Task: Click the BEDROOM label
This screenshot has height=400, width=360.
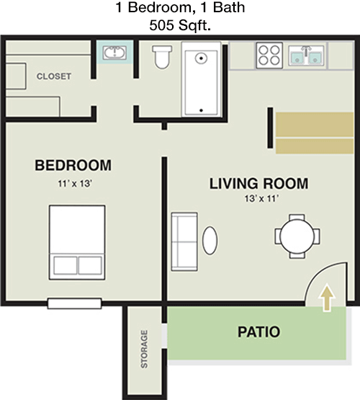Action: pos(73,166)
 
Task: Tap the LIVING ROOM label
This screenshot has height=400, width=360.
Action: pos(258,184)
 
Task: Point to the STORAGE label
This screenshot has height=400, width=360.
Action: pos(145,349)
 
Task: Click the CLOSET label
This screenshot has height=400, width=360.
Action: pos(54,76)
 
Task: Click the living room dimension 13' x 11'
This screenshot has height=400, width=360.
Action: pos(258,199)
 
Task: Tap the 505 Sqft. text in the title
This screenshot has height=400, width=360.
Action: pos(180,27)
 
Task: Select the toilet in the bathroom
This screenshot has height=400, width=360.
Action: pos(163,56)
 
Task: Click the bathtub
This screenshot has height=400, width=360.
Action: pos(202,79)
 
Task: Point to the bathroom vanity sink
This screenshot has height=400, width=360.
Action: pos(114,53)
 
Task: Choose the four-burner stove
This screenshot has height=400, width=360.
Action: pos(269,53)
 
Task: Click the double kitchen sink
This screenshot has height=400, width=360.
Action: pos(306,54)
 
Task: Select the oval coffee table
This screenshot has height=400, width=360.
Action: pos(210,239)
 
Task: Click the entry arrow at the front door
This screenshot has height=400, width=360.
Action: pos(327,297)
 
